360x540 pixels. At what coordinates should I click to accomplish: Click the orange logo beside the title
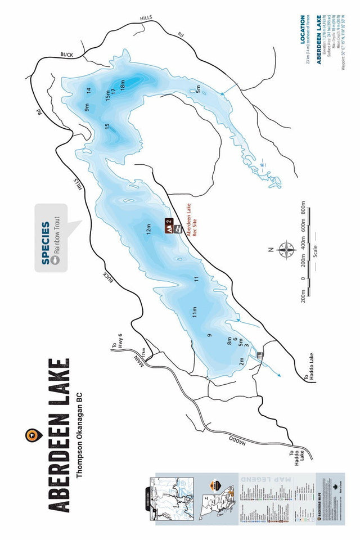[31, 435]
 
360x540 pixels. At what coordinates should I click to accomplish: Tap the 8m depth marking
[229, 340]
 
